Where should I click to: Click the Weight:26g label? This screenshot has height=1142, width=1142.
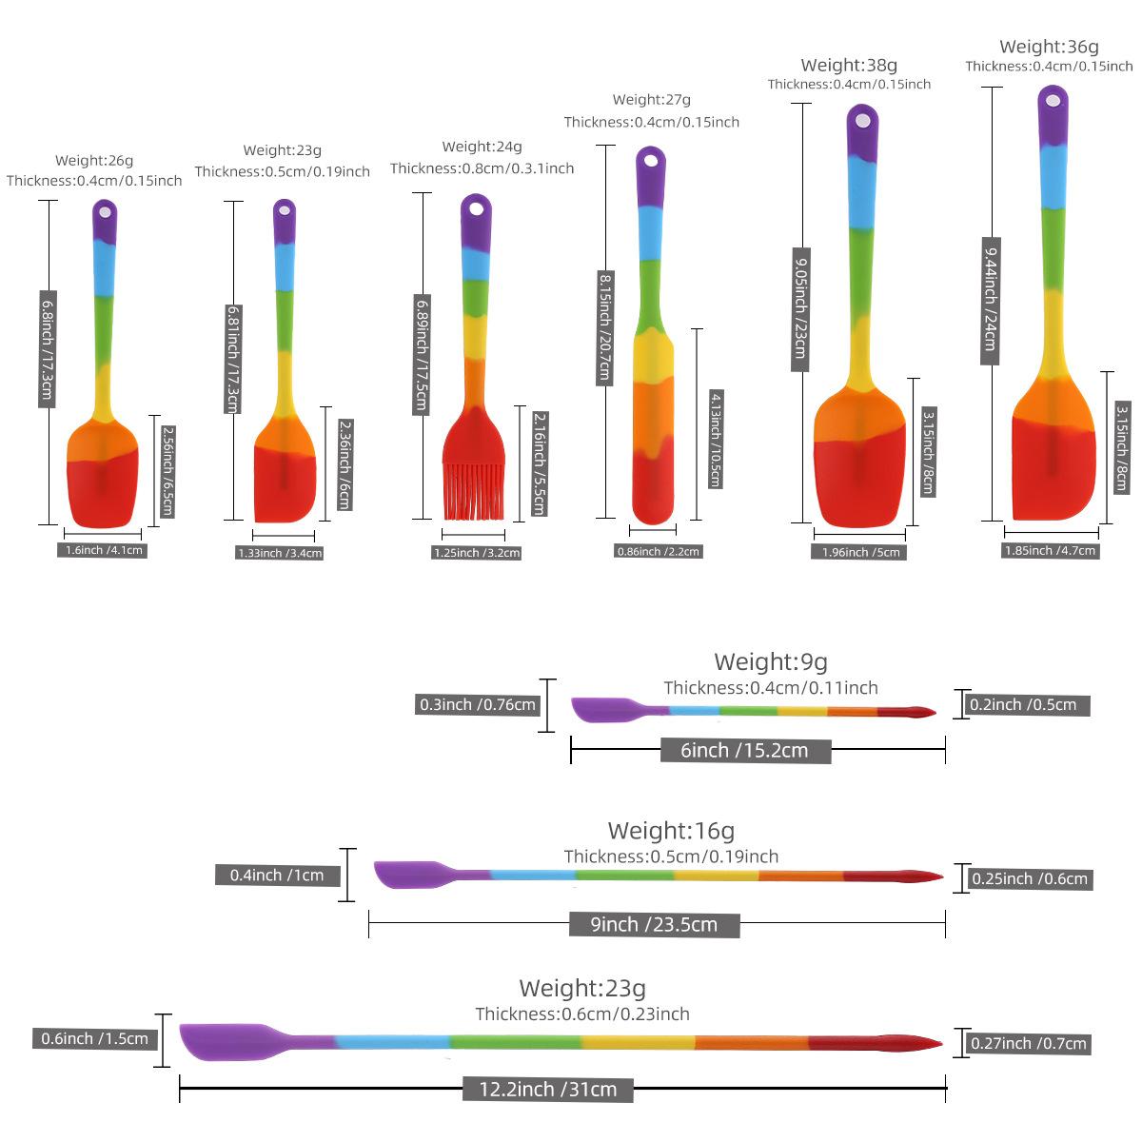coord(94,161)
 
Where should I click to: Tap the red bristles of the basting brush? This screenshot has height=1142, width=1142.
coord(473,490)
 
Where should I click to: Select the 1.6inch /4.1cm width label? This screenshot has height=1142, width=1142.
coord(104,550)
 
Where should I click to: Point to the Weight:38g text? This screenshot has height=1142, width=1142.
coord(849,65)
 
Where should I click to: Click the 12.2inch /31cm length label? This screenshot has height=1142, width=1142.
coord(547,1089)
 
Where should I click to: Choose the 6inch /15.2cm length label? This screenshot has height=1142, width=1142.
coord(744,750)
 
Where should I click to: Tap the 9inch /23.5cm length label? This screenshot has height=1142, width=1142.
coord(654,924)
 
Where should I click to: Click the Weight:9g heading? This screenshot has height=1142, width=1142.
coord(771,661)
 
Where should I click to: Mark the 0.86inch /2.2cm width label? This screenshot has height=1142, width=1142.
coord(658,551)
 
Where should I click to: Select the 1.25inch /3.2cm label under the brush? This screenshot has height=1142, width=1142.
coord(477,552)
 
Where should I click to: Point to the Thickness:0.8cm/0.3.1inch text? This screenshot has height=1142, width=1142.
coord(482,168)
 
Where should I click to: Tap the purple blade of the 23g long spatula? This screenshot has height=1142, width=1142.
coord(224,1040)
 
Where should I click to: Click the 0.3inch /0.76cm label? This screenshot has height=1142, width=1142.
coord(479,705)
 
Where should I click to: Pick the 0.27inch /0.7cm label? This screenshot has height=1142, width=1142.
coord(1029,1043)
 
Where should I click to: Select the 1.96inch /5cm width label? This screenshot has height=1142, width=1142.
coord(860,552)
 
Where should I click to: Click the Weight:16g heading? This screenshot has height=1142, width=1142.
coord(671,831)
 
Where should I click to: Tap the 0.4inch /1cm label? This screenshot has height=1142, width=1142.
coord(277,875)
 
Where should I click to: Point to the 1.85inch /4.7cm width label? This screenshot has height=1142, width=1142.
coord(1051,550)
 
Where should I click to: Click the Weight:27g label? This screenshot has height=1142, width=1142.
coord(652,99)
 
